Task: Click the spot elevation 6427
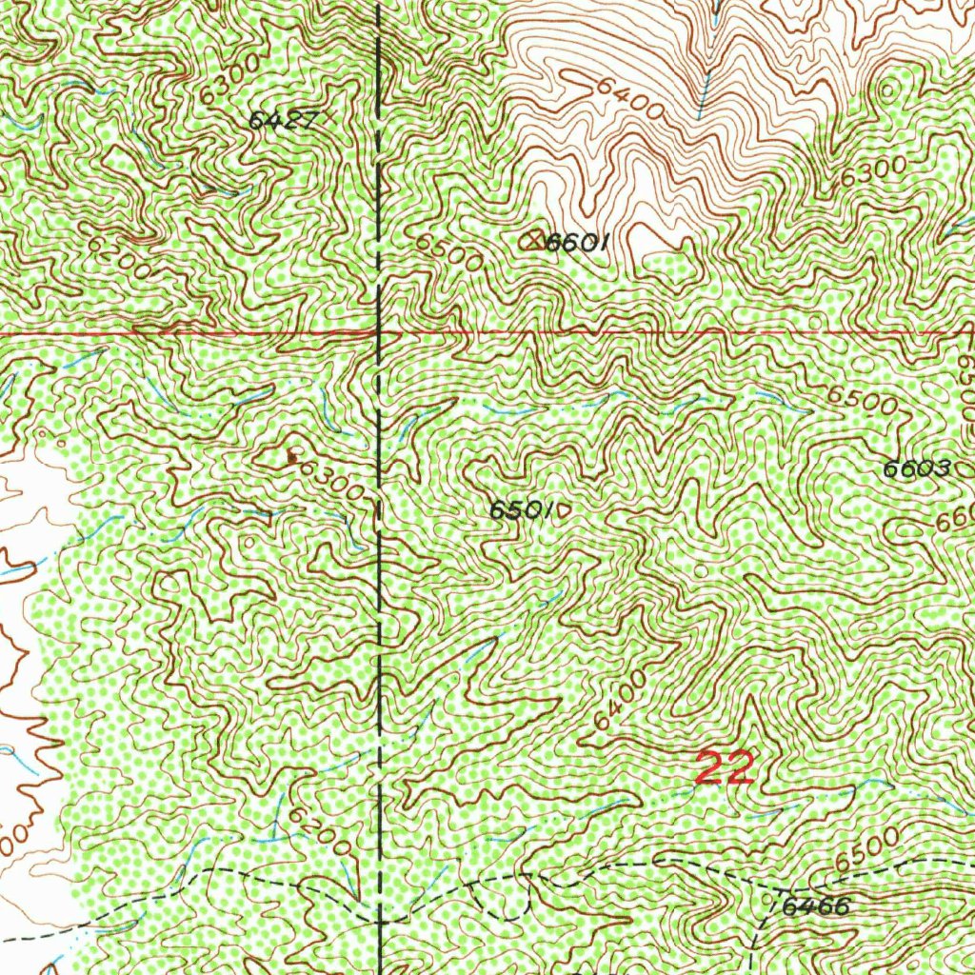coord(281,120)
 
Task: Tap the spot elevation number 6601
coord(576,243)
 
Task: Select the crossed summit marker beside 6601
coord(534,240)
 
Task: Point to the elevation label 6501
coord(521,510)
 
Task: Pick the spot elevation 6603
coord(917,468)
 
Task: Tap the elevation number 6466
coord(815,906)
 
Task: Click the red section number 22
coord(726,767)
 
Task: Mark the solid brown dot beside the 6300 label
coord(291,458)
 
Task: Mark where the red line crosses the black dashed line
coord(380,333)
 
